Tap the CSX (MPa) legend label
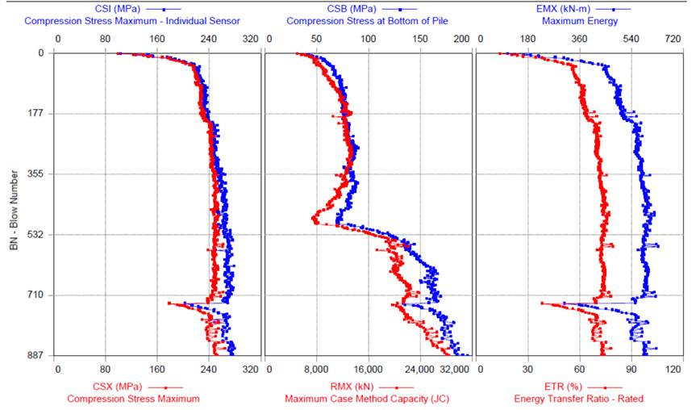coord(90,387)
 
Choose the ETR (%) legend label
coord(539,387)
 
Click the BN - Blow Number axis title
coord(14,204)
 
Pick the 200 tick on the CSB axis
coord(461,39)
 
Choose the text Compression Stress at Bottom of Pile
coord(367,20)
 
